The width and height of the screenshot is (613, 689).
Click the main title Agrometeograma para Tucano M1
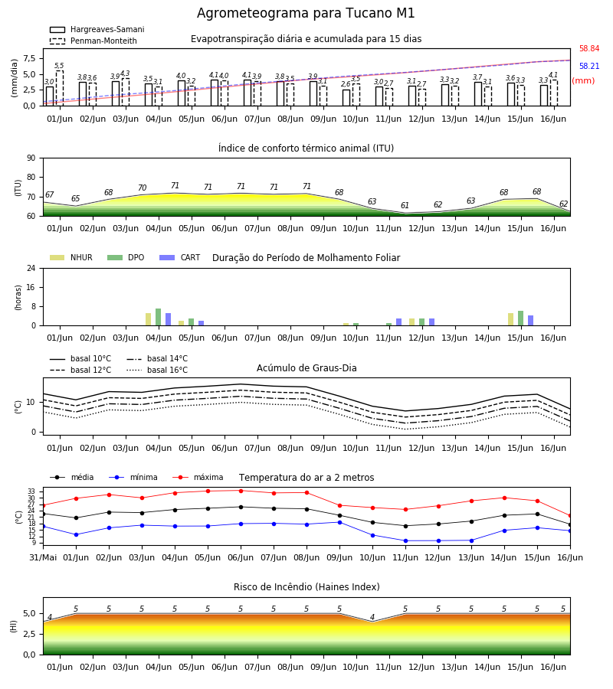coord(306,13)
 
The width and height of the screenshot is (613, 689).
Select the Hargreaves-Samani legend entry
coord(97,29)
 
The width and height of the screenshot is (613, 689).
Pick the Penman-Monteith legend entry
coord(93,41)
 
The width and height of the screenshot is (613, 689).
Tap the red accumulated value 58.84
coord(589,48)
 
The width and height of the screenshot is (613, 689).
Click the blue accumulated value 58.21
coord(589,66)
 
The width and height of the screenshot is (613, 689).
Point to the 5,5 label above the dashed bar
coord(59,66)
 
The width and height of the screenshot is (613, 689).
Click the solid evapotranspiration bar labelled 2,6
coord(346,97)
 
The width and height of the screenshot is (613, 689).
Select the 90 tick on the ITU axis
coord(31,158)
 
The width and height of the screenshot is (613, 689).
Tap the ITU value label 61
coord(405,205)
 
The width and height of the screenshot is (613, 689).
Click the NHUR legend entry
coord(71,257)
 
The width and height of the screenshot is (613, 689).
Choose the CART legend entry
coord(180,257)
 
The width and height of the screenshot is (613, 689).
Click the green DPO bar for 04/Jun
coord(159,317)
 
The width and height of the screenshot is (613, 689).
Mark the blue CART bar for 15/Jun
coord(531,321)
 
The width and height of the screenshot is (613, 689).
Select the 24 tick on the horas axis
coord(31,268)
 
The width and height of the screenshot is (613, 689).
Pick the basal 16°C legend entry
coord(157,370)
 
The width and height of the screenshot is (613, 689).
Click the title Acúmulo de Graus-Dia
coord(306,368)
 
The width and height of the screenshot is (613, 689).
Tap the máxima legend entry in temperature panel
coord(198,477)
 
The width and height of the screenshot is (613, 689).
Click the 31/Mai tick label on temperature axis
coord(43,557)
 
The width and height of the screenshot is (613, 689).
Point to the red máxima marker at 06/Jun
coord(241,491)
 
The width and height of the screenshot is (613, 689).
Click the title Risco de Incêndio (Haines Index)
coord(306,587)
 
